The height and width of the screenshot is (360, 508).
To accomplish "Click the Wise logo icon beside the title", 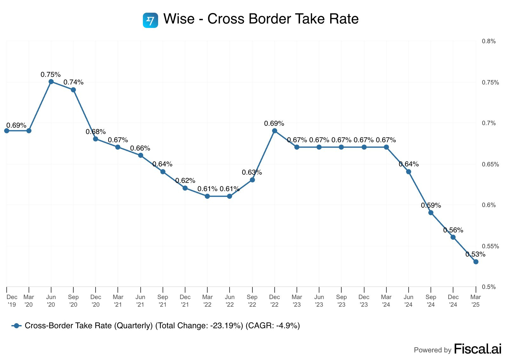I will click(x=150, y=20).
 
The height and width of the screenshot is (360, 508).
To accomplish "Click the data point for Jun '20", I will click(x=51, y=82).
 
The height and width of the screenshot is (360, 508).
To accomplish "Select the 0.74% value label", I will click(x=73, y=83).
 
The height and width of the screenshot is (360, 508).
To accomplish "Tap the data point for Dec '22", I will click(x=275, y=131).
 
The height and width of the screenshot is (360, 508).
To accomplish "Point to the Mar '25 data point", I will click(x=476, y=262).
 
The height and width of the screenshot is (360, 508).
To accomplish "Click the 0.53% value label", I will click(x=475, y=254).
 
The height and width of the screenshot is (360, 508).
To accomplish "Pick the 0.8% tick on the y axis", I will click(x=489, y=41).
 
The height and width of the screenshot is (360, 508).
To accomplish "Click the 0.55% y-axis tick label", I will click(x=490, y=246).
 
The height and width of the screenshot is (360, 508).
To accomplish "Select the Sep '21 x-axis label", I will click(x=163, y=301).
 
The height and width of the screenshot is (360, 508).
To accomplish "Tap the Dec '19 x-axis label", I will click(x=12, y=301).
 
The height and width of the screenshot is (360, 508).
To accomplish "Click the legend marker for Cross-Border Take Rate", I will click(x=17, y=326).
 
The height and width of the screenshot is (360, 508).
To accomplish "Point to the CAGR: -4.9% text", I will click(x=273, y=326).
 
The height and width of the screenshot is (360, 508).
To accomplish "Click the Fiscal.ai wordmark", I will click(x=478, y=349).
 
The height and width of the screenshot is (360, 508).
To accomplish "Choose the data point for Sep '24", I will click(x=431, y=213).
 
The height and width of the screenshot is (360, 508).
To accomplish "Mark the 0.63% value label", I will click(x=252, y=172).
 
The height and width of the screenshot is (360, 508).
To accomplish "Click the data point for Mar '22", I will click(x=207, y=196).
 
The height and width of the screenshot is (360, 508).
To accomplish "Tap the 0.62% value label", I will click(x=185, y=181).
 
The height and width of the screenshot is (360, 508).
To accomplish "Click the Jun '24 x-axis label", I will click(x=408, y=301).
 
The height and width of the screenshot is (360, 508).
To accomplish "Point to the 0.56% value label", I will click(x=453, y=230).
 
